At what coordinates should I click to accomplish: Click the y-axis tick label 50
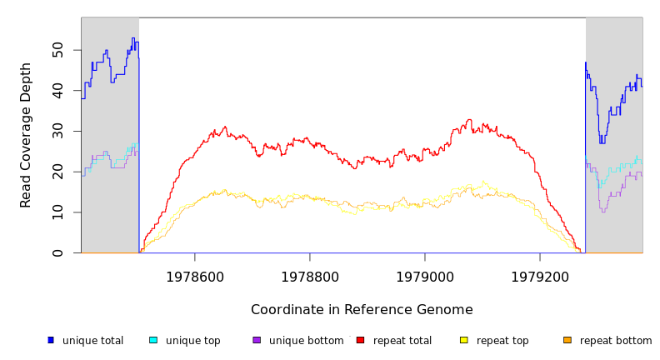click(57, 50)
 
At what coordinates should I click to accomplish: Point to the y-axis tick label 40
click(57, 91)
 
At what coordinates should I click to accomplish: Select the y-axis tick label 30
click(57, 131)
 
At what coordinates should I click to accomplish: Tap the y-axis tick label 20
click(57, 172)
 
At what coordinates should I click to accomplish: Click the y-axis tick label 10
click(57, 212)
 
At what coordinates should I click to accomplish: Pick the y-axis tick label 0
click(57, 253)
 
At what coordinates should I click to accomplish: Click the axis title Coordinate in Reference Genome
click(362, 310)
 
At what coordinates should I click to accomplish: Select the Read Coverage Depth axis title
click(27, 135)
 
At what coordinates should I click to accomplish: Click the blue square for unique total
click(51, 340)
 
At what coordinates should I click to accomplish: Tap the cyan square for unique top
click(153, 340)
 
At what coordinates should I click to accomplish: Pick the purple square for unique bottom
click(257, 340)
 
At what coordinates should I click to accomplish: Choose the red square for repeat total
click(360, 340)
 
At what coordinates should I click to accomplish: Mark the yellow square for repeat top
click(464, 340)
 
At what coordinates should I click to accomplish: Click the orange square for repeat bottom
click(567, 340)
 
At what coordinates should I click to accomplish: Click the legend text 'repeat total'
click(402, 341)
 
